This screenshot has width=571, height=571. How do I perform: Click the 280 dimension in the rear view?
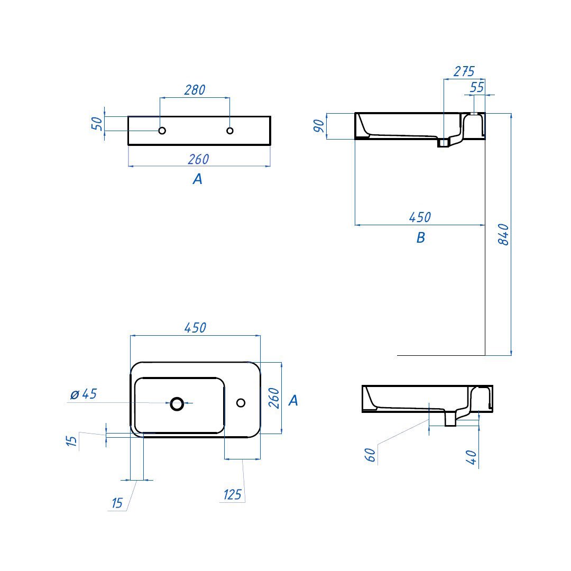(x=195, y=89)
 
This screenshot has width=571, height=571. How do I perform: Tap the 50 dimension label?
(x=97, y=124)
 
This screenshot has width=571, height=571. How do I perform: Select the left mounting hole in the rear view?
(x=162, y=131)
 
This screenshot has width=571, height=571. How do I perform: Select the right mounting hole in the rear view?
(x=230, y=131)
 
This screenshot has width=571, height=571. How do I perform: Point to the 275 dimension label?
(x=464, y=71)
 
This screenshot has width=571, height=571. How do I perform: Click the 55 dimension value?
(x=477, y=87)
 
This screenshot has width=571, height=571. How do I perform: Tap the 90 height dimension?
(x=319, y=126)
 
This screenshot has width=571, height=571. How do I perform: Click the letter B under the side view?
(x=421, y=237)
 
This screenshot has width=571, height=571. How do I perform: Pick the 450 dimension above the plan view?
(x=196, y=328)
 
